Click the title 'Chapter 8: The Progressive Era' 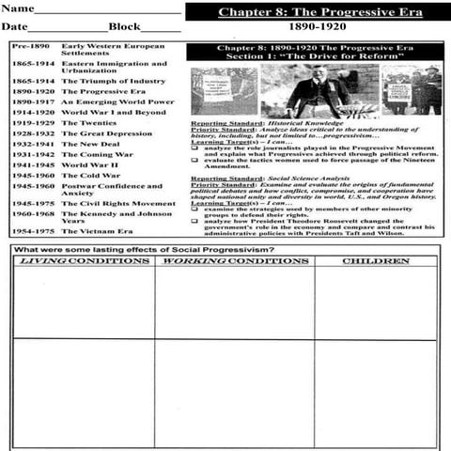pos(320,12)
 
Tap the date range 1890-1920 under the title pos(317,27)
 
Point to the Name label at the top pos(18,8)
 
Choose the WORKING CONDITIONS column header pos(234,260)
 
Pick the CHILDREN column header pos(375,260)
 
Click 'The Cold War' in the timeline pos(91,175)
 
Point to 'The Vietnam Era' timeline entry pos(99,230)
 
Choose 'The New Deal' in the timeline pos(90,144)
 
